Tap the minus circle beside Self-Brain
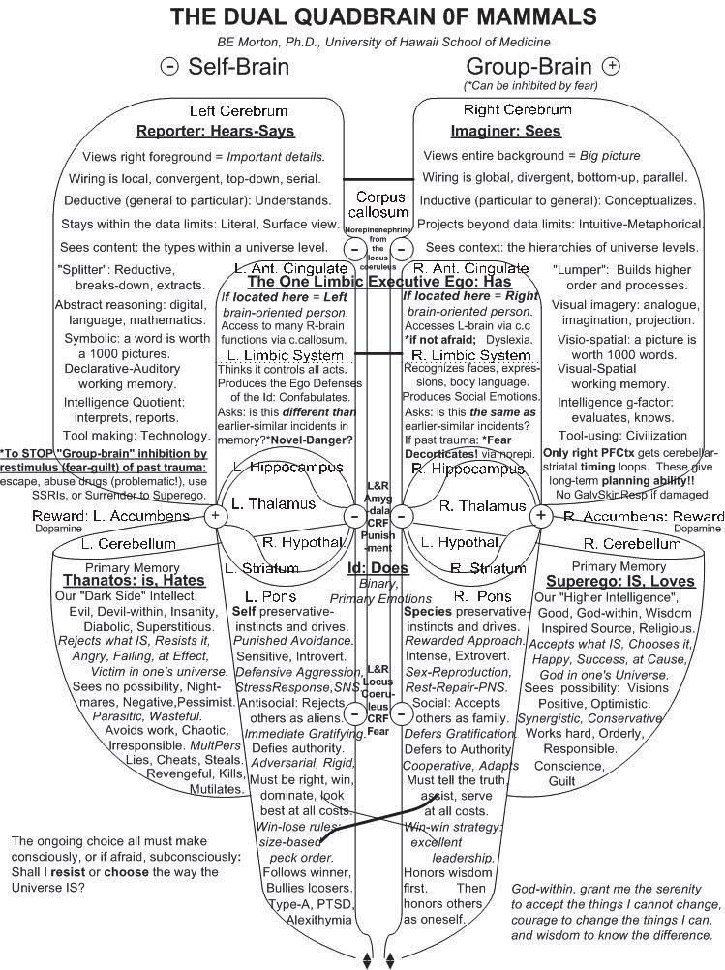[170, 67]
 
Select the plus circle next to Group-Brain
[611, 66]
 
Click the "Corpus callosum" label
[379, 204]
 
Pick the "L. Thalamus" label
[273, 503]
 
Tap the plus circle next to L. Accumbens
[216, 516]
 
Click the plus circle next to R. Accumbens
[541, 516]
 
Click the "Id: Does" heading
[378, 568]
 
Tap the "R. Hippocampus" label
[468, 469]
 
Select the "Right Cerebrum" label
[517, 109]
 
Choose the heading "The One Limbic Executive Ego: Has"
[379, 281]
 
